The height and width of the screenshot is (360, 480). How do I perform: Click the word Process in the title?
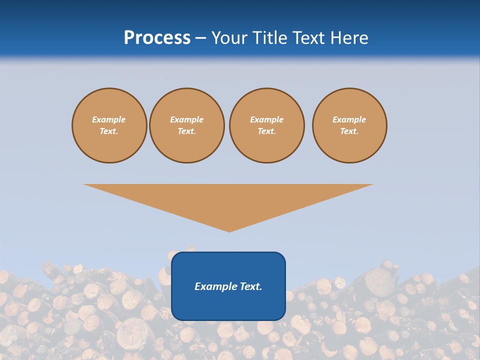157,38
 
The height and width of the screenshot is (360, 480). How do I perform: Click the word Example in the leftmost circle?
109,119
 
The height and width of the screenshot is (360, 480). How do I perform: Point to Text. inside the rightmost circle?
349,131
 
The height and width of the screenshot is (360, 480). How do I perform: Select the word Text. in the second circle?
186,131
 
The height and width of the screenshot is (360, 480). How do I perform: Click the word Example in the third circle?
266,119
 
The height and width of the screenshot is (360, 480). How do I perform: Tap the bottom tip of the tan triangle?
229,231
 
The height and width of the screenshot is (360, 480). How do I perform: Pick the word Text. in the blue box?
251,286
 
